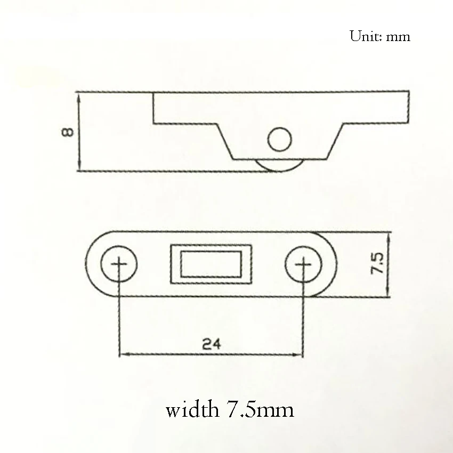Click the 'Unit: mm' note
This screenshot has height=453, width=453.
379,36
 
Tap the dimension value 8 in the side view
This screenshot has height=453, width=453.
68,132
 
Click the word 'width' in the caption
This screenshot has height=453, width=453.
191,410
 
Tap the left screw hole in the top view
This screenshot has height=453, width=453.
118,264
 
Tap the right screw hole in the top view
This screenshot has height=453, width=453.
303,264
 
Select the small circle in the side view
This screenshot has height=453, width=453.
280,140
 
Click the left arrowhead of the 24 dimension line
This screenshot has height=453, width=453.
122,353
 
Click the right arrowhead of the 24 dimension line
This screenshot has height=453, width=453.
300,353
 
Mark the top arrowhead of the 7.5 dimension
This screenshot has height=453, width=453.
390,236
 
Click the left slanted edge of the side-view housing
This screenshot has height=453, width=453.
225,141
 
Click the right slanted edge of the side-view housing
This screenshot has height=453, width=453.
334,141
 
